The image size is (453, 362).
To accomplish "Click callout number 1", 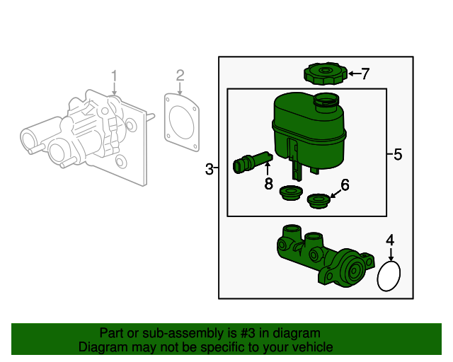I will [114, 75].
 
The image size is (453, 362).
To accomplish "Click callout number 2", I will [180, 75].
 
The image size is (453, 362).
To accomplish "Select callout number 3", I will [209, 169].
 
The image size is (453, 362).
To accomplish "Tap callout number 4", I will [389, 241].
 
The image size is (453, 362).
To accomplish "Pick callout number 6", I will [345, 185].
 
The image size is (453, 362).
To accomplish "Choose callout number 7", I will [365, 74].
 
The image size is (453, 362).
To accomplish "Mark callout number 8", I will [268, 184].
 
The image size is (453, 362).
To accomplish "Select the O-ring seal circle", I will [389, 276].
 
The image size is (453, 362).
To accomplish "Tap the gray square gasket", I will [181, 122].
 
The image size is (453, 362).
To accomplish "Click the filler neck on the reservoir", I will [326, 103].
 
